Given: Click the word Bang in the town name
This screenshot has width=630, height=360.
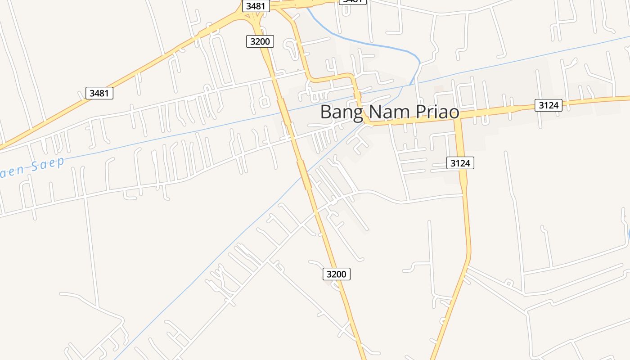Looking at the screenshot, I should pyautogui.click(x=341, y=112).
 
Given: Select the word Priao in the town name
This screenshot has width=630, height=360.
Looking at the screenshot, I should pyautogui.click(x=436, y=112).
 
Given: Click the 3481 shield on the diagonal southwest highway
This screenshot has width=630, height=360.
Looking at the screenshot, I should pyautogui.click(x=99, y=93).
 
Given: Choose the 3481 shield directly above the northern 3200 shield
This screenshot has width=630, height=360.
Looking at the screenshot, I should pyautogui.click(x=256, y=6).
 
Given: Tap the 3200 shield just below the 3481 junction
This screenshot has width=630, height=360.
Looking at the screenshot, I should pyautogui.click(x=260, y=41).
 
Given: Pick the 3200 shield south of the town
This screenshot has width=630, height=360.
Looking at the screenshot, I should pyautogui.click(x=337, y=274).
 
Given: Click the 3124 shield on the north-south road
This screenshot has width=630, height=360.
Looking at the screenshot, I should pyautogui.click(x=460, y=163).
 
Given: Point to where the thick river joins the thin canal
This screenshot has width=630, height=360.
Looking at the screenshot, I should pyautogui.click(x=410, y=84).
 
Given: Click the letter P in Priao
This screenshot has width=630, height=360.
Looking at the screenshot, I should pyautogui.click(x=420, y=112).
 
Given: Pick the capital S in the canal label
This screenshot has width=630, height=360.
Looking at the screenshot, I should pyautogui.click(x=34, y=167).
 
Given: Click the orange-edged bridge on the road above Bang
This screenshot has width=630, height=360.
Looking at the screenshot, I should pyautogui.click(x=358, y=96).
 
